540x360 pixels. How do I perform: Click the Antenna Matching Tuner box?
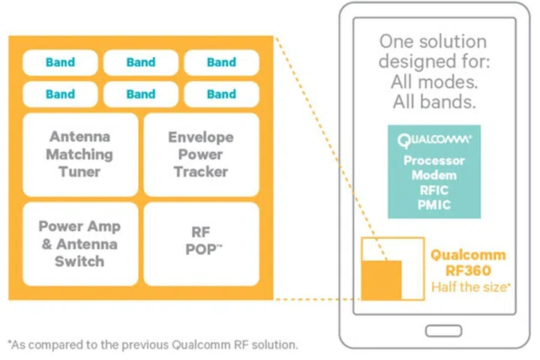pyautogui.click(x=80, y=154)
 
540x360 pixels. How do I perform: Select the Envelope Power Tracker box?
pyautogui.click(x=201, y=154)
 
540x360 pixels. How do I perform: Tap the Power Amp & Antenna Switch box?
pyautogui.click(x=80, y=244)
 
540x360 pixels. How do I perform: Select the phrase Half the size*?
pyautogui.click(x=471, y=287)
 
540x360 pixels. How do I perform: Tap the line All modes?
pyautogui.click(x=433, y=82)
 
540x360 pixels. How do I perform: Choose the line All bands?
pyautogui.click(x=433, y=102)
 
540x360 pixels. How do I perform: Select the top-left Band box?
pyautogui.click(x=60, y=62)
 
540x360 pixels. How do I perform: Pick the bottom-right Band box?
pyautogui.click(x=221, y=94)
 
